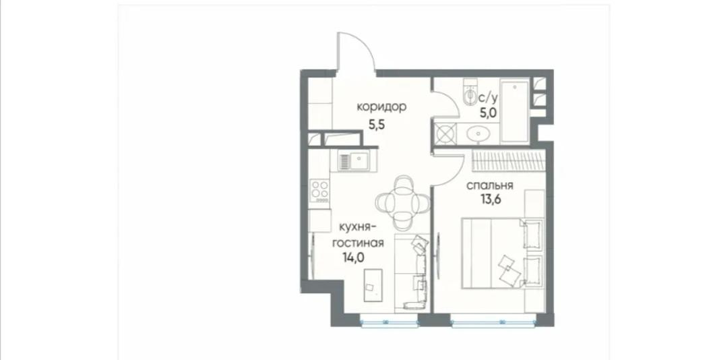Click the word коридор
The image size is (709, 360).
pyautogui.click(x=381, y=107)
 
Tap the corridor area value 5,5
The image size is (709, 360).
pyautogui.click(x=376, y=125)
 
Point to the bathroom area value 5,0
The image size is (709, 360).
pyautogui.click(x=489, y=113)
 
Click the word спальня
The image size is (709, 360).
pyautogui.click(x=490, y=185)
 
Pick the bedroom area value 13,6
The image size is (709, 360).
pyautogui.click(x=491, y=200)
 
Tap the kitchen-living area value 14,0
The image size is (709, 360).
pyautogui.click(x=354, y=258)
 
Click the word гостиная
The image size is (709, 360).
pyautogui.click(x=358, y=243)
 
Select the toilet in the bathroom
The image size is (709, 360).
pyautogui.click(x=469, y=94)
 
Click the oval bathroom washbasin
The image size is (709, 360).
pyautogui.click(x=478, y=134)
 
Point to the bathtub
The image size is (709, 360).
pyautogui.click(x=515, y=111)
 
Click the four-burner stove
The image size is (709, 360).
pyautogui.click(x=319, y=191)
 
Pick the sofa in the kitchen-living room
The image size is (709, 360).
pyautogui.click(x=412, y=272)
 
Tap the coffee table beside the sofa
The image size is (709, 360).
pyautogui.click(x=373, y=285)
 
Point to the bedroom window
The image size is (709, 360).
pyautogui.click(x=493, y=322)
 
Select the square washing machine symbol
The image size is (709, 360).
pyautogui.click(x=444, y=134)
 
